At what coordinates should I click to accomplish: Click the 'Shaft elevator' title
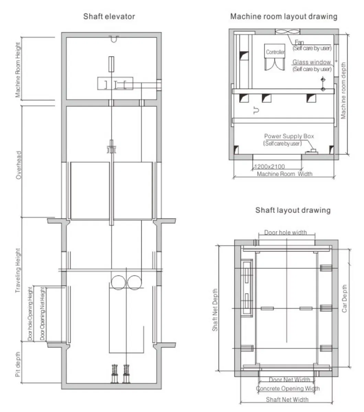109,16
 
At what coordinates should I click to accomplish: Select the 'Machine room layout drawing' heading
284,16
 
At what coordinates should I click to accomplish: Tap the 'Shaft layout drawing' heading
293,210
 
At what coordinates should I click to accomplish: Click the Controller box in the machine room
275,53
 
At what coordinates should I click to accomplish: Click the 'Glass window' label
311,62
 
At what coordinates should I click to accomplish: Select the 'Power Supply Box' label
289,136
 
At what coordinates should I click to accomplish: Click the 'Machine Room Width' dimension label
285,174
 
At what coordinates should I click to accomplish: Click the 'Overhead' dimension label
19,165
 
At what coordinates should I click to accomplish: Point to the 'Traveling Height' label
18,271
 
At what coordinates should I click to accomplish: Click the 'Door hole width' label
285,233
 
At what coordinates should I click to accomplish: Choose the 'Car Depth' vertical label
345,299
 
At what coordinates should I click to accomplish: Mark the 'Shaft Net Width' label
287,399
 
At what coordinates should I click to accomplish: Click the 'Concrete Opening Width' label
288,388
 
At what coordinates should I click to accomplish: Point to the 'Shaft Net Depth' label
215,310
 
